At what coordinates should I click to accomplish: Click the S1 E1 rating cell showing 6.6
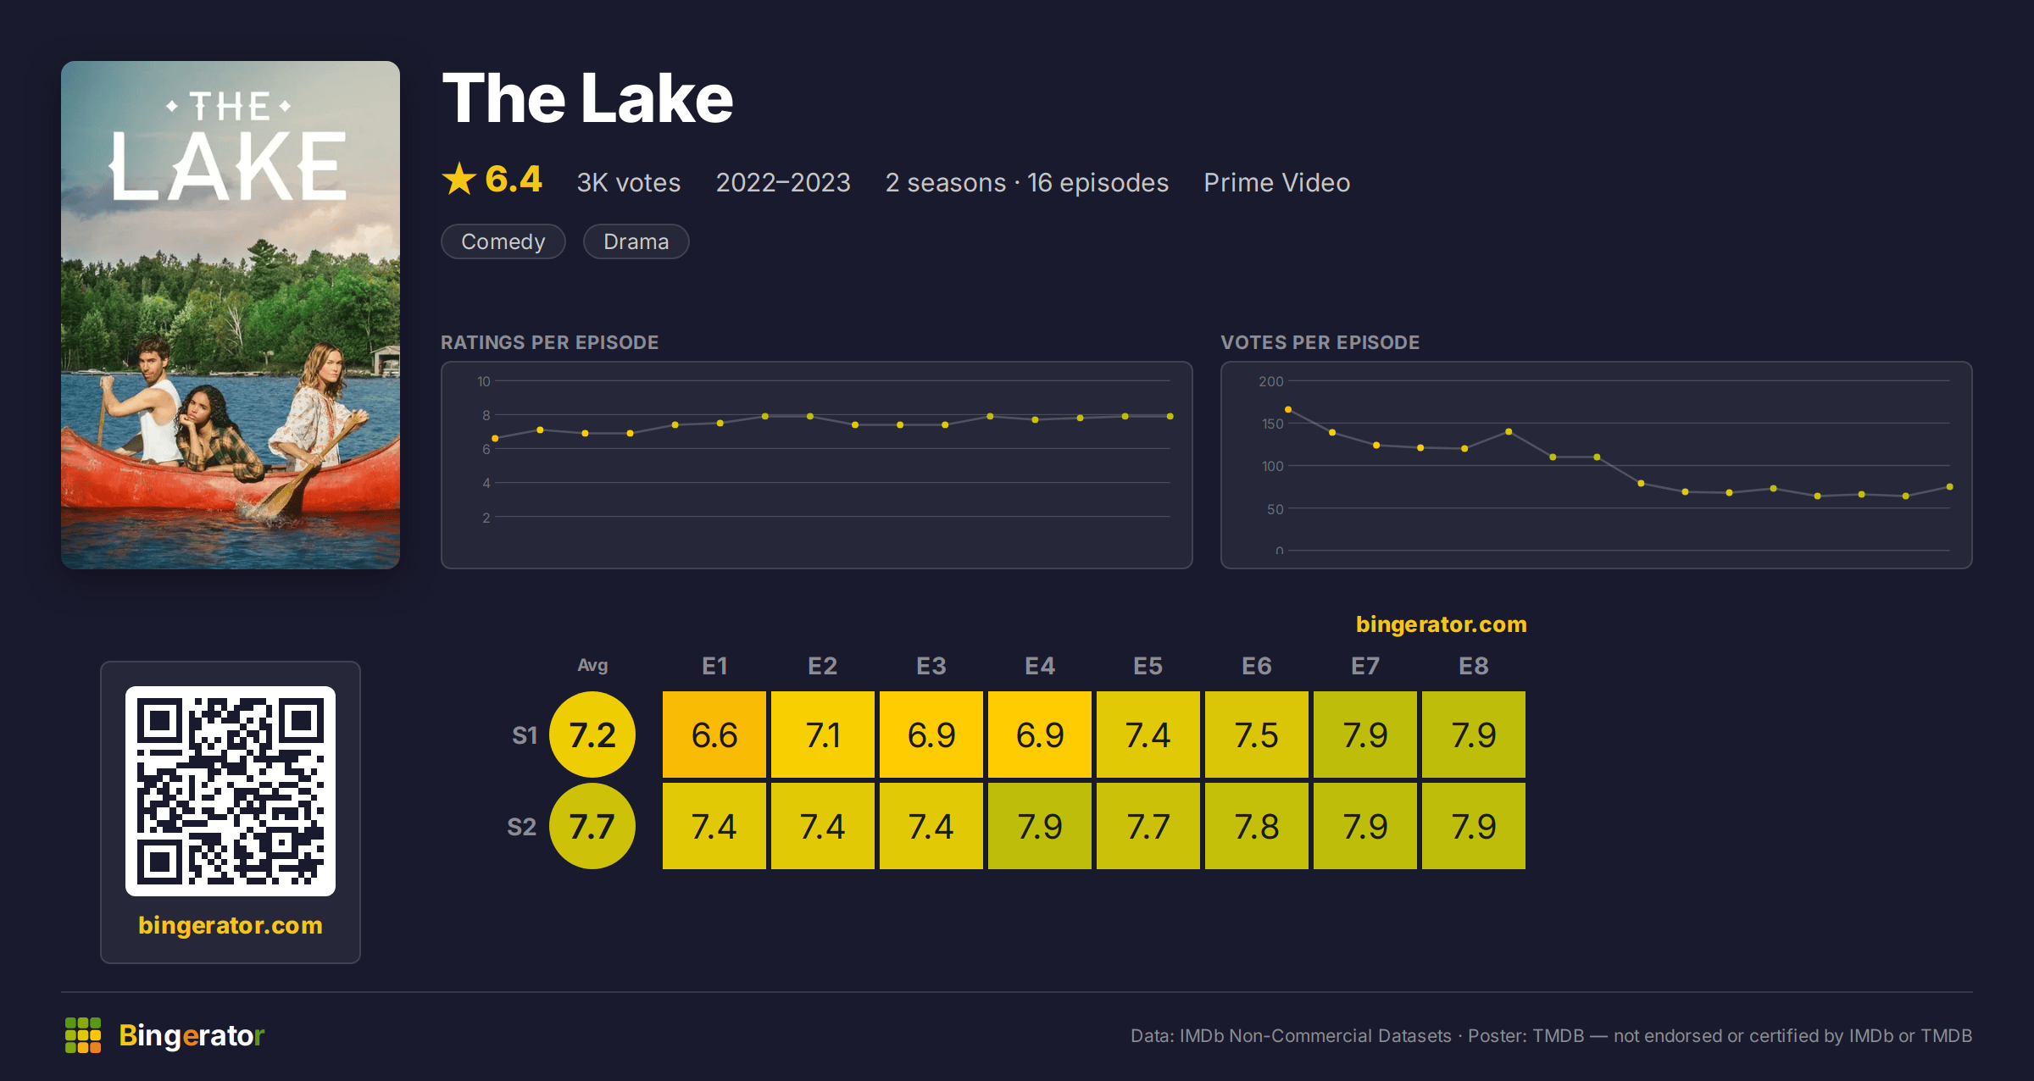tap(714, 735)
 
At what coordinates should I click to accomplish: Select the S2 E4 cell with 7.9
tap(1040, 826)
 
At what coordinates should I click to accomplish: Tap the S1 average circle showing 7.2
tap(592, 735)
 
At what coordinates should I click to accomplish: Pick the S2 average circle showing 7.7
tap(592, 826)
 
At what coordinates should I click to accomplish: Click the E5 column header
tap(1148, 666)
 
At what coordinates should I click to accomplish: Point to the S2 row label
tap(522, 827)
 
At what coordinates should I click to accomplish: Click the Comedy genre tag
tap(503, 241)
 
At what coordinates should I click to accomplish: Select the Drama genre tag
tap(636, 241)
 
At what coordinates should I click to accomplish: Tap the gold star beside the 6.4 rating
tap(459, 179)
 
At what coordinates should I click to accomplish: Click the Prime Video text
tap(1277, 182)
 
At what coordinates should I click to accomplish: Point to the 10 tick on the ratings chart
tap(484, 381)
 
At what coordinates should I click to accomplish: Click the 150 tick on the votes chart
tap(1272, 424)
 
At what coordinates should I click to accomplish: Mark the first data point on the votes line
tap(1288, 409)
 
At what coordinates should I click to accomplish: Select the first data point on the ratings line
tap(495, 438)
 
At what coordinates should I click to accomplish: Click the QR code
tap(231, 791)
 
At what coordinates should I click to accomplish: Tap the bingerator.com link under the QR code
tap(231, 925)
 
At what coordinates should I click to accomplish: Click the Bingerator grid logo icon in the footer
tap(83, 1035)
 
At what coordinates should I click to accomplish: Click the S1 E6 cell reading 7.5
tap(1257, 735)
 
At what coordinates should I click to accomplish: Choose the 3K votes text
tap(629, 182)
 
